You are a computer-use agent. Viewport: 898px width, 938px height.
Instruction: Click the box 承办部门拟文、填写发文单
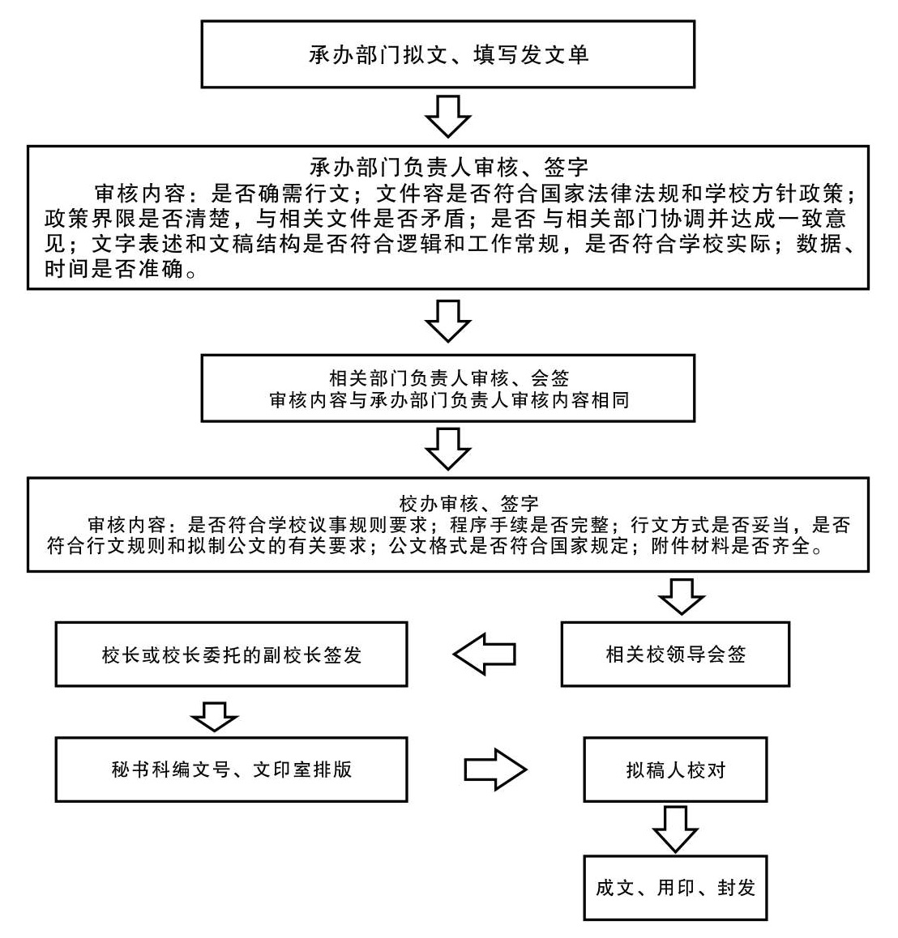point(447,54)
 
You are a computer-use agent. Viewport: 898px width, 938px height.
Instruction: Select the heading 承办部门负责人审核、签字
point(448,168)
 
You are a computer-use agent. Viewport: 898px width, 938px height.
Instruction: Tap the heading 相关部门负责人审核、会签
point(448,377)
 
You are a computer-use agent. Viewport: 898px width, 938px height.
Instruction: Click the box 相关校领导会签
point(675,654)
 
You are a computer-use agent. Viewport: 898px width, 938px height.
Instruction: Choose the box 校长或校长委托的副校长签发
point(231,654)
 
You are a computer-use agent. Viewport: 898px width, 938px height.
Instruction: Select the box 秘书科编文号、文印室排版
point(231,770)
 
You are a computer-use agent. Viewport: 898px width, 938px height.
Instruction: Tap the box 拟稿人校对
point(675,770)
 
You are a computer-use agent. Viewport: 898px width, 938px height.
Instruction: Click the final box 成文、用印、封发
point(675,888)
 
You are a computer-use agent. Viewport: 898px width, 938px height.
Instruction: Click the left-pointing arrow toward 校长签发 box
point(484,654)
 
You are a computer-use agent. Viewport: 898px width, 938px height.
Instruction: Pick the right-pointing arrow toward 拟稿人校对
point(495,770)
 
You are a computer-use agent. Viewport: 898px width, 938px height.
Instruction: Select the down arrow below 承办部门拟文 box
point(447,116)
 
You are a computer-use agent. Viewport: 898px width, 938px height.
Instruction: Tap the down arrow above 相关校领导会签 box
point(681,596)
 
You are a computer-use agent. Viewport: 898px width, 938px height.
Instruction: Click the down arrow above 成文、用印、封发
point(675,828)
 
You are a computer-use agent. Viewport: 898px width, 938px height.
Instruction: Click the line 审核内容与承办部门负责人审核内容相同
point(448,400)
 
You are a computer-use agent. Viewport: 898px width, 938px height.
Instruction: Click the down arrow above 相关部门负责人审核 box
point(447,321)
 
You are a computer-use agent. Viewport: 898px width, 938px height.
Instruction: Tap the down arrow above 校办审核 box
point(447,448)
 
